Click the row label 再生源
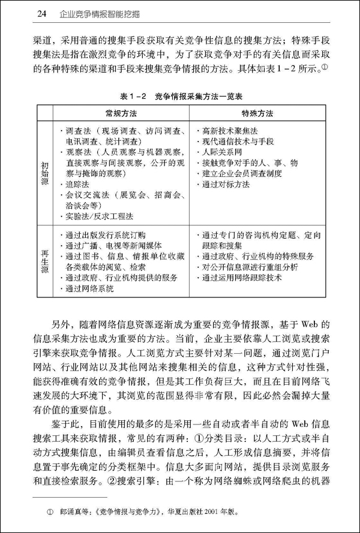(45, 261)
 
